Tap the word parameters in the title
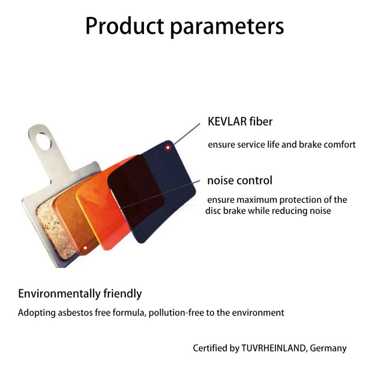[x=227, y=27]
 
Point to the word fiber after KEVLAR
[x=262, y=122]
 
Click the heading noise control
[x=240, y=180]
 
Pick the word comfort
[x=339, y=144]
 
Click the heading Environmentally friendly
[x=80, y=293]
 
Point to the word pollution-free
[x=178, y=313]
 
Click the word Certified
[x=210, y=348]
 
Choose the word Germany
[x=328, y=348]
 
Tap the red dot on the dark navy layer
[x=168, y=147]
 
